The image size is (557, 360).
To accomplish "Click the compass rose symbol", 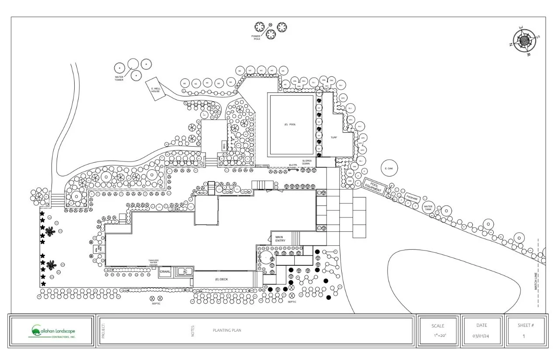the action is pos(524,41).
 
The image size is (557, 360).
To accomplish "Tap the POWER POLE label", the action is pos(256,38).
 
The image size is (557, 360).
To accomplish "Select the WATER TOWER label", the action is pos(119,79).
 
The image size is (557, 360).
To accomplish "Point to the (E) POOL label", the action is pos(290,124).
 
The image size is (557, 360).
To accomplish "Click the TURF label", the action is pos(334,137).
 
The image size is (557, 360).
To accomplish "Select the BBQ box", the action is pos(224,145).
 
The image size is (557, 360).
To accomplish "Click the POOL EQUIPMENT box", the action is pos(373,187).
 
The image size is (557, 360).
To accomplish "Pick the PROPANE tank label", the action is pos(413,199).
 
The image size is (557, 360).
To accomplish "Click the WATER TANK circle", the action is pos(428,208).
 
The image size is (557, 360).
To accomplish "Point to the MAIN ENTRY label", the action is pos(280,239).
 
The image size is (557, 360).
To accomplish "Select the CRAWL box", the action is pos(165,272).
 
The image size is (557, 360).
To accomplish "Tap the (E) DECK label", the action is pos(222,279).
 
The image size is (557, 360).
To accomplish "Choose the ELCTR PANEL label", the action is pos(293,166).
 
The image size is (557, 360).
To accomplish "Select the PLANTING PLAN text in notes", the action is pos(227,330).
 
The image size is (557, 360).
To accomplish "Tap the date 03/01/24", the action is pos(481,336).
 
